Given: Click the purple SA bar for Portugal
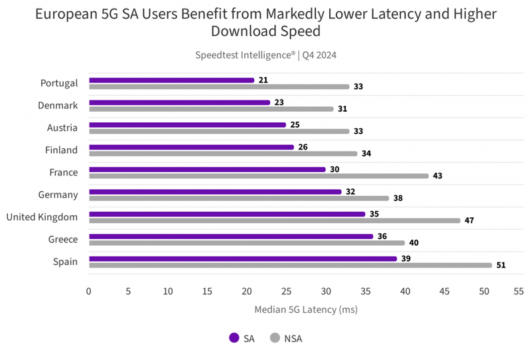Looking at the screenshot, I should coord(171,80).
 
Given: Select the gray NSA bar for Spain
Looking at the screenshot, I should coord(290,265).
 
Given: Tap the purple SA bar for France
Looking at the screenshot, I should coord(207,169).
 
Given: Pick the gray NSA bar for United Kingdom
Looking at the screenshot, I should coord(274,221).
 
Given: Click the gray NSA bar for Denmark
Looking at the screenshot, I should coord(211,109).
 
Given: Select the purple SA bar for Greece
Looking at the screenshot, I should coord(231,236).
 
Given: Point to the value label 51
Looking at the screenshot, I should coord(502,265).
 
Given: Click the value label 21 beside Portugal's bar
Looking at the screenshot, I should coord(264,80).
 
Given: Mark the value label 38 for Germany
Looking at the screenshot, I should coord(398,198).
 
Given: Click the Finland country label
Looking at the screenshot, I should coord(61,150).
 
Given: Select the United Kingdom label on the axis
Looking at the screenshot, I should coord(42,217).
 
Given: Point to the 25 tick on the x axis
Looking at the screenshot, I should coord(286,292).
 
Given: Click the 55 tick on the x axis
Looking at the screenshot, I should coord(518,292).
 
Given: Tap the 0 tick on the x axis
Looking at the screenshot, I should coord(89,292).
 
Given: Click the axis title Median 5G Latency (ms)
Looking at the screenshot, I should coord(306,310).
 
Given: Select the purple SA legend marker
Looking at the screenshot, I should coord(234,337).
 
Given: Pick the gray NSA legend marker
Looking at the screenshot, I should coord(274,337).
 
